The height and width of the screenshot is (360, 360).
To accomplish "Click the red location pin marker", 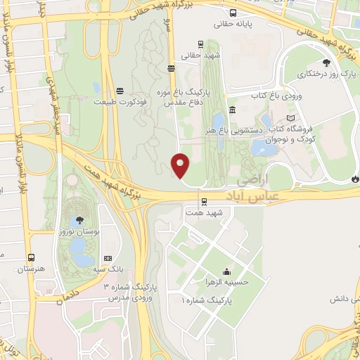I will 181,166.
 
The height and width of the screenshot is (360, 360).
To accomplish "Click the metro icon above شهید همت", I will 202,202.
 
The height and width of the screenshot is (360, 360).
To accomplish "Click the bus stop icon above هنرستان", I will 30,258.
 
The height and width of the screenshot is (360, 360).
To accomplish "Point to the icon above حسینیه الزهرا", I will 226,272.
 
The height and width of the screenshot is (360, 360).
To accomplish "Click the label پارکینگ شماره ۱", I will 210,300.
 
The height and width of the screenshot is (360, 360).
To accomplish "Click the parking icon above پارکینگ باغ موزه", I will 172,68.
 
